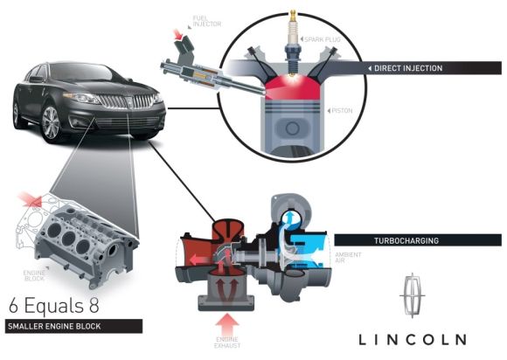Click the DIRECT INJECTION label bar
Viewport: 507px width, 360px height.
click(434, 68)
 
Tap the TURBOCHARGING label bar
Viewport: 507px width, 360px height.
click(418, 240)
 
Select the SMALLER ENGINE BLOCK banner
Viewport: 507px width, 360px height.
click(73, 326)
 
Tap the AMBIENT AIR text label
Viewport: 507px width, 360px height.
click(348, 257)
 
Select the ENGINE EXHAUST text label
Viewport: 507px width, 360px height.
click(227, 343)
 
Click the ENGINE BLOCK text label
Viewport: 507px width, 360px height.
click(34, 275)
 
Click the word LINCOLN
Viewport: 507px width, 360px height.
click(413, 339)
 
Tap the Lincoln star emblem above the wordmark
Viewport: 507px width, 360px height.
click(413, 295)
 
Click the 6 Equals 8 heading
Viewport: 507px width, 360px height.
click(54, 305)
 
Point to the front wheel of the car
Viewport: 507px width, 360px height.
click(51, 123)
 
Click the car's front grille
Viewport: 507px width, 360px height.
click(127, 101)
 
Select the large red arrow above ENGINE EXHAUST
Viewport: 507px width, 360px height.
click(227, 324)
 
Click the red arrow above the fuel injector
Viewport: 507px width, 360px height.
click(177, 34)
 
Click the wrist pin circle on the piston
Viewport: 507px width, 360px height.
click(292, 128)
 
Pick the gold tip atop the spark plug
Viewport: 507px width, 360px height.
click(293, 15)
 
